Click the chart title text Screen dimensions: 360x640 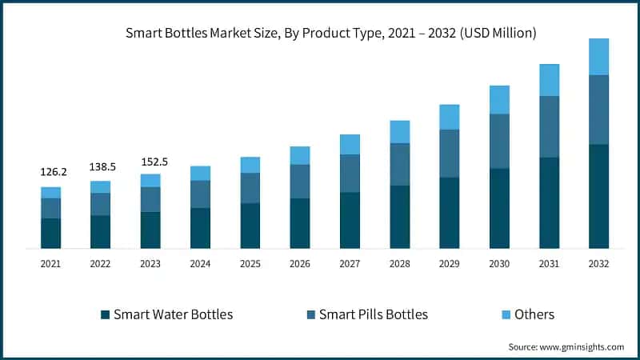coord(330,34)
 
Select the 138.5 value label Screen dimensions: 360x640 coord(101,166)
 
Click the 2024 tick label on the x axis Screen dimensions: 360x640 coord(200,263)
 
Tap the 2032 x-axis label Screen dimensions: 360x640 coord(598,263)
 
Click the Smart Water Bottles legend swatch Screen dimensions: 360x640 coord(105,314)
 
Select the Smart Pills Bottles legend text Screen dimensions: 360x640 coord(374,314)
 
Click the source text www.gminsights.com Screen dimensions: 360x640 coord(566,346)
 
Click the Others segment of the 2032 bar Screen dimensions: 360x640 coord(598,57)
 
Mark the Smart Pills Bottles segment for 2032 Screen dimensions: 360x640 coord(598,110)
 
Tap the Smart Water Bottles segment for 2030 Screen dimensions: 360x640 coord(499,208)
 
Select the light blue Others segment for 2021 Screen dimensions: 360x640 coord(51,192)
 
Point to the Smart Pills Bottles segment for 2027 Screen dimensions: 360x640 coord(350,174)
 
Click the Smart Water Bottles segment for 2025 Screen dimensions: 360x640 coord(250,226)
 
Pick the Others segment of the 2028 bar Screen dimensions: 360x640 coord(399,132)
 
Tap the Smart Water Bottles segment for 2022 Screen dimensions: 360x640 coord(101,232)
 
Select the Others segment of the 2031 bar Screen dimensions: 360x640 coord(549,80)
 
